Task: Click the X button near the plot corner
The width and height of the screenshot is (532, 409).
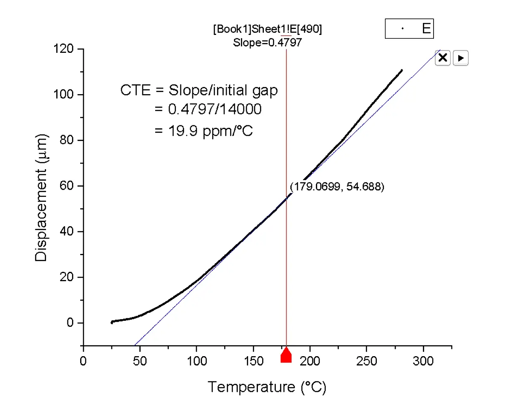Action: [443, 58]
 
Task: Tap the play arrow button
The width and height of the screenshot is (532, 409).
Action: [460, 58]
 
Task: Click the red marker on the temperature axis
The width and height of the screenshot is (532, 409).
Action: [286, 355]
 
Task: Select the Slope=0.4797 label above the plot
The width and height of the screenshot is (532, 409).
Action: [267, 43]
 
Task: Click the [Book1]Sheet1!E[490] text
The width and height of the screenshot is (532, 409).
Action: [267, 29]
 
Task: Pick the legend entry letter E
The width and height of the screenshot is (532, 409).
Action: [426, 29]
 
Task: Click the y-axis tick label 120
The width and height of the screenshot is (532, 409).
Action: [64, 49]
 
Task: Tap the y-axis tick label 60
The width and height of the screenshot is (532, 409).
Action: [66, 186]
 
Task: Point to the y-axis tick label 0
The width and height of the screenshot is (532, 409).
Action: [70, 323]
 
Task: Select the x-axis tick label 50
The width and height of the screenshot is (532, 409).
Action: [140, 361]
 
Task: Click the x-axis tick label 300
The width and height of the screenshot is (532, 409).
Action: [423, 361]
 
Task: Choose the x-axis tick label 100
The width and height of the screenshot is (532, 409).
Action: [197, 361]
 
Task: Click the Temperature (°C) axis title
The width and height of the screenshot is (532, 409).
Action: [267, 387]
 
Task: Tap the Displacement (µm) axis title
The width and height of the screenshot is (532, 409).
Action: [41, 198]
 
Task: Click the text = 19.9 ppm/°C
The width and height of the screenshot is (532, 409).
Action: [204, 131]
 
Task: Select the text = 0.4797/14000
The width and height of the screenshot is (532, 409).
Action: [208, 109]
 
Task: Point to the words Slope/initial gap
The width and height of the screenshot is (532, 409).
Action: [223, 90]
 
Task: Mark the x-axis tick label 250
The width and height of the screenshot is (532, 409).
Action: [367, 361]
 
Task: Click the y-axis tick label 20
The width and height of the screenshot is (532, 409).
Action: [66, 277]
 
